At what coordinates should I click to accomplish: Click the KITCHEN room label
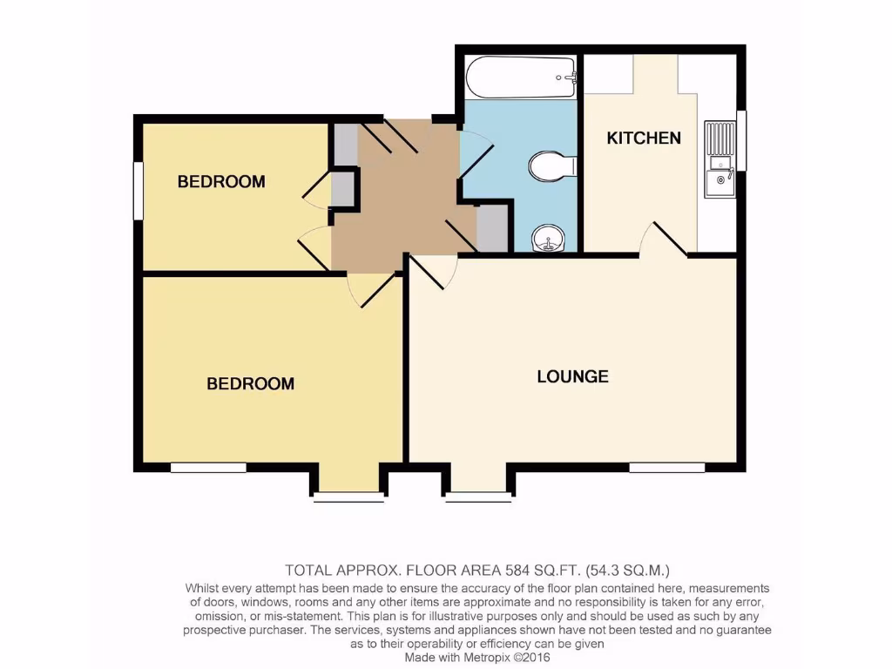click(644, 138)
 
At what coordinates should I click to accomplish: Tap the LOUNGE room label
click(572, 376)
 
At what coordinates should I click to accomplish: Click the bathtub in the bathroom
click(521, 78)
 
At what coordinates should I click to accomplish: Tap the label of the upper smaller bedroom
click(221, 182)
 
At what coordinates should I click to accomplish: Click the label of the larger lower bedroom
click(250, 383)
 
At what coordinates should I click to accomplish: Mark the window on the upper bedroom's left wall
click(138, 191)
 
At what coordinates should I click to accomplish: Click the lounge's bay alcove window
click(477, 497)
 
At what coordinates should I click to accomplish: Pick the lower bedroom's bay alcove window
click(348, 497)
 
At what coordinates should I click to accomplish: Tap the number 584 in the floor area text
click(520, 571)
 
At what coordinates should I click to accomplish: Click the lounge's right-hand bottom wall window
click(667, 468)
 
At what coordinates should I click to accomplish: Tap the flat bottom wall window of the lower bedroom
click(208, 468)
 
